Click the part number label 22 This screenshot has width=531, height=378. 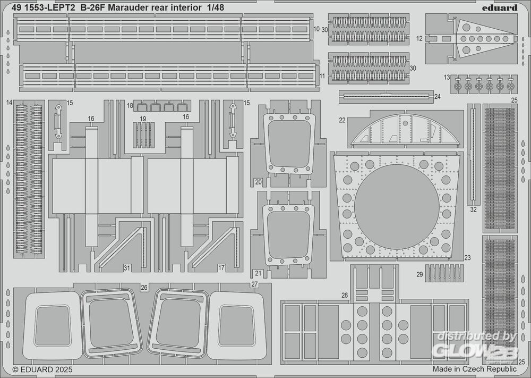coord(342,120)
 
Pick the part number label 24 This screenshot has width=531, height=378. coord(437,97)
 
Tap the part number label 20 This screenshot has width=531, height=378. coord(258,182)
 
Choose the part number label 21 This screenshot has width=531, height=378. coord(258,273)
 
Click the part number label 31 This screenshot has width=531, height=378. coord(126,267)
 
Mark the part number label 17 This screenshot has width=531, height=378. coord(221,267)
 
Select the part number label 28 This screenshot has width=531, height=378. coord(345,295)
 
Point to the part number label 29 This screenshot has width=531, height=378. coord(419,274)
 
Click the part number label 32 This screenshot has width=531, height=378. coord(473,209)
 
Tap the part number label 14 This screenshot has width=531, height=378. coord(10,102)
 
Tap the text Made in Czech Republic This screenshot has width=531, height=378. coord(474,368)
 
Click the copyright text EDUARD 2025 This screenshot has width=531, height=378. coord(42,368)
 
